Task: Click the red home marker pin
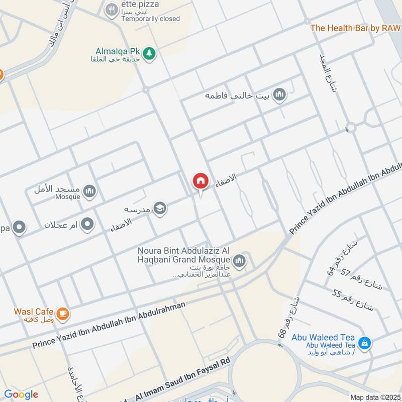click(200, 181)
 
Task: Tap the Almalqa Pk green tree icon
click(148, 53)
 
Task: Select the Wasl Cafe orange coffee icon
click(62, 314)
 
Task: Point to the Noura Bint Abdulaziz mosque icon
click(239, 260)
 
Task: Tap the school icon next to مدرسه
click(160, 208)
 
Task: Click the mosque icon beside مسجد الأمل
click(90, 190)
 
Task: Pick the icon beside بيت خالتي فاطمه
click(280, 94)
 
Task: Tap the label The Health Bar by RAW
click(355, 28)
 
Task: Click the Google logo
click(21, 394)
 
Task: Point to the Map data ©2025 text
click(374, 397)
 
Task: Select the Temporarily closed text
click(150, 19)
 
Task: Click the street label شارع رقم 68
click(287, 317)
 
